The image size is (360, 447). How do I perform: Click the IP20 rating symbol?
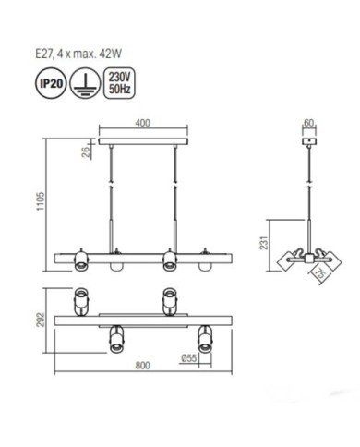pyautogui.click(x=52, y=83)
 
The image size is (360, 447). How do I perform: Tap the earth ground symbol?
pyautogui.click(x=85, y=83)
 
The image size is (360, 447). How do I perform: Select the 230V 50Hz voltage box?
pyautogui.click(x=120, y=83)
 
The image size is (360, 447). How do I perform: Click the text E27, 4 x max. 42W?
pyautogui.click(x=78, y=54)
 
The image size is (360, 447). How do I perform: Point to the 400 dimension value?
pyautogui.click(x=143, y=123)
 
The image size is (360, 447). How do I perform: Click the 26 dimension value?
pyautogui.click(x=86, y=151)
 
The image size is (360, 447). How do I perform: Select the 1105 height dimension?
pyautogui.click(x=41, y=201)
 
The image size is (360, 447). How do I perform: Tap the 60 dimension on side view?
pyautogui.click(x=308, y=123)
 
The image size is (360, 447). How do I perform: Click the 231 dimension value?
pyautogui.click(x=264, y=243)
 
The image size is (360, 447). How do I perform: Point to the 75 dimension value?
pyautogui.click(x=319, y=273)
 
